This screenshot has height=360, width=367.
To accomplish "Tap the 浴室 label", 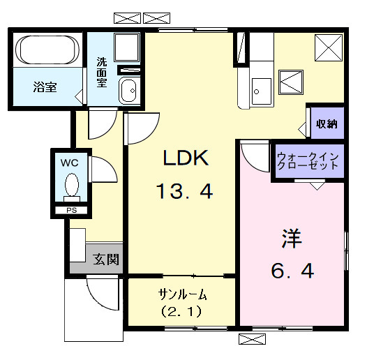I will [x=45, y=87].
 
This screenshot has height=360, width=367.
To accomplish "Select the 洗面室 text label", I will [x=102, y=71].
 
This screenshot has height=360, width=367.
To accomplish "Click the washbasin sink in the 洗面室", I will [x=128, y=91].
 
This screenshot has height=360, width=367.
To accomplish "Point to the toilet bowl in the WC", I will [x=70, y=186].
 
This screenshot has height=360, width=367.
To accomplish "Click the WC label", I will [x=69, y=162].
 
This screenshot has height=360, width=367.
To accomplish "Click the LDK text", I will [x=186, y=159].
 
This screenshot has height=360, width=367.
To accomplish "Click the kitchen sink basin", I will [x=262, y=89].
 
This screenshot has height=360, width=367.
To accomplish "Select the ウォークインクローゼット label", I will [x=308, y=161].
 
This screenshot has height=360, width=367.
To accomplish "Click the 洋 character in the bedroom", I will [x=291, y=239].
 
